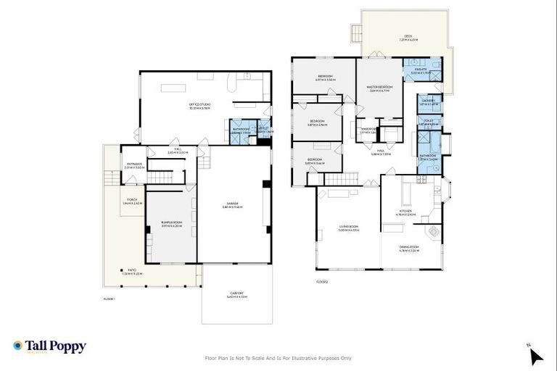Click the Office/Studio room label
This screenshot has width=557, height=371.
click(x=200, y=106)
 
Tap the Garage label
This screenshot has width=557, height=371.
click(x=232, y=205)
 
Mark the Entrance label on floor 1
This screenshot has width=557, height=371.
click(x=136, y=164)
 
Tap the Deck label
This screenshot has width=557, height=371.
click(x=408, y=38)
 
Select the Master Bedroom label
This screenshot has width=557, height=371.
click(x=380, y=88)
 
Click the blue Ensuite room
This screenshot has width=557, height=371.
click(x=421, y=72)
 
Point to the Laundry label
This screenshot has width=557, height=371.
click(x=427, y=102)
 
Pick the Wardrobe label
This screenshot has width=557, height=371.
click(x=370, y=131)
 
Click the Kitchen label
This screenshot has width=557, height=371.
click(x=405, y=212)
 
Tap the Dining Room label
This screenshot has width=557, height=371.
click(x=409, y=248)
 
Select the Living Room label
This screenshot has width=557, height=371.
click(x=349, y=228)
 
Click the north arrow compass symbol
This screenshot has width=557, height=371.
click(x=535, y=355)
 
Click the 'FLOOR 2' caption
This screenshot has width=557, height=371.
click(x=323, y=281)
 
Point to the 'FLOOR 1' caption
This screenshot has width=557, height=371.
click(x=110, y=298)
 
